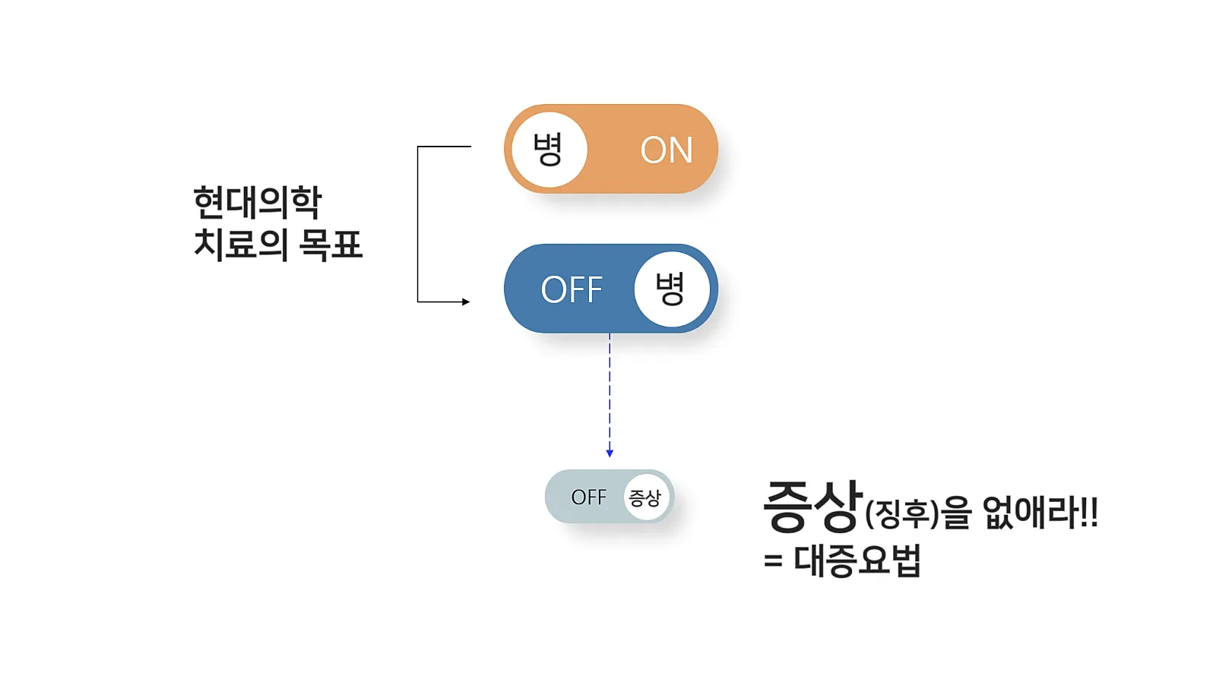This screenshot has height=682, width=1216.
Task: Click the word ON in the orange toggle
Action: click(x=667, y=150)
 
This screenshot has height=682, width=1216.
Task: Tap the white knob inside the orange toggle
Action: click(x=549, y=149)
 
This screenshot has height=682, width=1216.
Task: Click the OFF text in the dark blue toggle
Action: click(x=572, y=289)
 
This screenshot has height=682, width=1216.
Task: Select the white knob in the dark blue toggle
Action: click(x=671, y=289)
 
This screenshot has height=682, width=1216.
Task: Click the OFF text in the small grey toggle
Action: click(x=589, y=497)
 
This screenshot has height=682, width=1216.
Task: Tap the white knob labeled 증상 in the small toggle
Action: click(x=646, y=497)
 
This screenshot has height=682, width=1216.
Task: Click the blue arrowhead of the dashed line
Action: click(x=610, y=453)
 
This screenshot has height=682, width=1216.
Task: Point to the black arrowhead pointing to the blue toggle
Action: click(x=466, y=302)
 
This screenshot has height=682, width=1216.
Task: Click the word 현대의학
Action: click(x=258, y=203)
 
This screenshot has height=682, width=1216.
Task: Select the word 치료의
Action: click(x=241, y=245)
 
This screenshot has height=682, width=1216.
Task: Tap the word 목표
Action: click(x=331, y=245)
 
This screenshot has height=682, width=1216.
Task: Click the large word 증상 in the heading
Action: click(x=812, y=506)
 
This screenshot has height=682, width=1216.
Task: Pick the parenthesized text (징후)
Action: click(x=902, y=514)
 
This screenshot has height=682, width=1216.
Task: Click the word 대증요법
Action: click(x=857, y=560)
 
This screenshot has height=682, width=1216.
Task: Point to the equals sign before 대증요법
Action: click(x=773, y=561)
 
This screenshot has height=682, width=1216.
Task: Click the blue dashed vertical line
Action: click(x=610, y=391)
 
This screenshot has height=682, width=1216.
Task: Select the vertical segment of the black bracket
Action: click(x=418, y=224)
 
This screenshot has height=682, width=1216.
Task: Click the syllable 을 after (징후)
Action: click(x=957, y=513)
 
